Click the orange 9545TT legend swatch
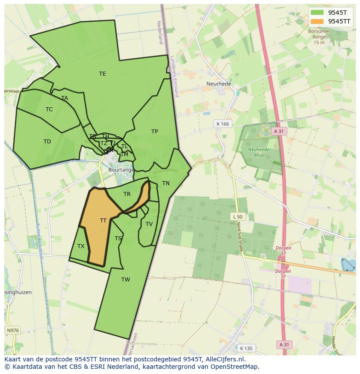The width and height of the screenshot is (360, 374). pos(317,21)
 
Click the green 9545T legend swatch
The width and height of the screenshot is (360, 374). pos(317,13)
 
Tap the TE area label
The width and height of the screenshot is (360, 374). pos(103,74)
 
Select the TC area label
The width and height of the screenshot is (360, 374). pos(49,109)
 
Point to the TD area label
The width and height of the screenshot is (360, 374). pos(47,142)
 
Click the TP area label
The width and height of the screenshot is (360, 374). pos(154,132)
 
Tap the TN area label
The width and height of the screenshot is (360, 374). pos(166,183)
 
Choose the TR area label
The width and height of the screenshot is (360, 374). pos(127,194)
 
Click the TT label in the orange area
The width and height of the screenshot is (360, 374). pos(103,221)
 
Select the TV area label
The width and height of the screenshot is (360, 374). pos(149,224)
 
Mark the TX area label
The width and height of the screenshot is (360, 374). pos(81,246)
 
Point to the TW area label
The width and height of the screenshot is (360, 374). pos(126,280)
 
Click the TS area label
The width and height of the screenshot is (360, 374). pos(118,238)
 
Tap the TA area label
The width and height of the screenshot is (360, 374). pos(65,98)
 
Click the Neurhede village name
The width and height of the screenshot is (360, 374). pos(219,84)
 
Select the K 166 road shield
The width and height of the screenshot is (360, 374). pos(222,124)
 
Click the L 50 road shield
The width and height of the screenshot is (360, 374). pos(238,217)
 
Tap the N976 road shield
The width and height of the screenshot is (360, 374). pos(13,331)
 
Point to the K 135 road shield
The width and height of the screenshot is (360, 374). pos(246,348)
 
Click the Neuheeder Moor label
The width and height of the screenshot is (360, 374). pos(257,152)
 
